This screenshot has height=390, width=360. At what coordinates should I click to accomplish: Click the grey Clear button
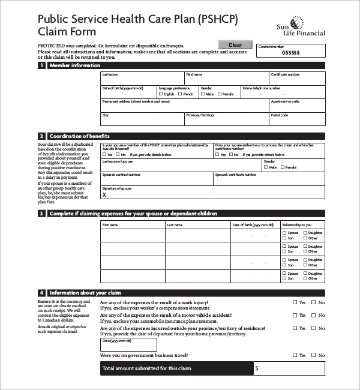235,45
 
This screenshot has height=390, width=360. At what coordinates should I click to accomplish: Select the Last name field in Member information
142,80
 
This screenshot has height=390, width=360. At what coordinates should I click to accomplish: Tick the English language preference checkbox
160,94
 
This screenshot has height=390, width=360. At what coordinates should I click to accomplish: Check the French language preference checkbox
180,94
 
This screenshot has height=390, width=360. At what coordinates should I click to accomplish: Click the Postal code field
297,119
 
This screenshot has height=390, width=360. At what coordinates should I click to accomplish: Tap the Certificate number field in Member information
297,80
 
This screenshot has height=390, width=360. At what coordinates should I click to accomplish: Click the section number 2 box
41,136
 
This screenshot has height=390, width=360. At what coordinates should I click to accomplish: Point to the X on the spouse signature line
104,194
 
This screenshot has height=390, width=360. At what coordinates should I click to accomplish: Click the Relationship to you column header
303,225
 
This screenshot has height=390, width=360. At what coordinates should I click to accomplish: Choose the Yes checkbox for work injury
295,303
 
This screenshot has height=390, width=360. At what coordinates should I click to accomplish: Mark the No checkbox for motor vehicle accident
314,315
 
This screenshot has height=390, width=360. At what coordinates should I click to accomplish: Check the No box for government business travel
314,355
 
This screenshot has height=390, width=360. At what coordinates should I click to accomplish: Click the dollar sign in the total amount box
257,368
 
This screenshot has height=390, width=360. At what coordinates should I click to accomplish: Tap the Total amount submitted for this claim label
146,368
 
